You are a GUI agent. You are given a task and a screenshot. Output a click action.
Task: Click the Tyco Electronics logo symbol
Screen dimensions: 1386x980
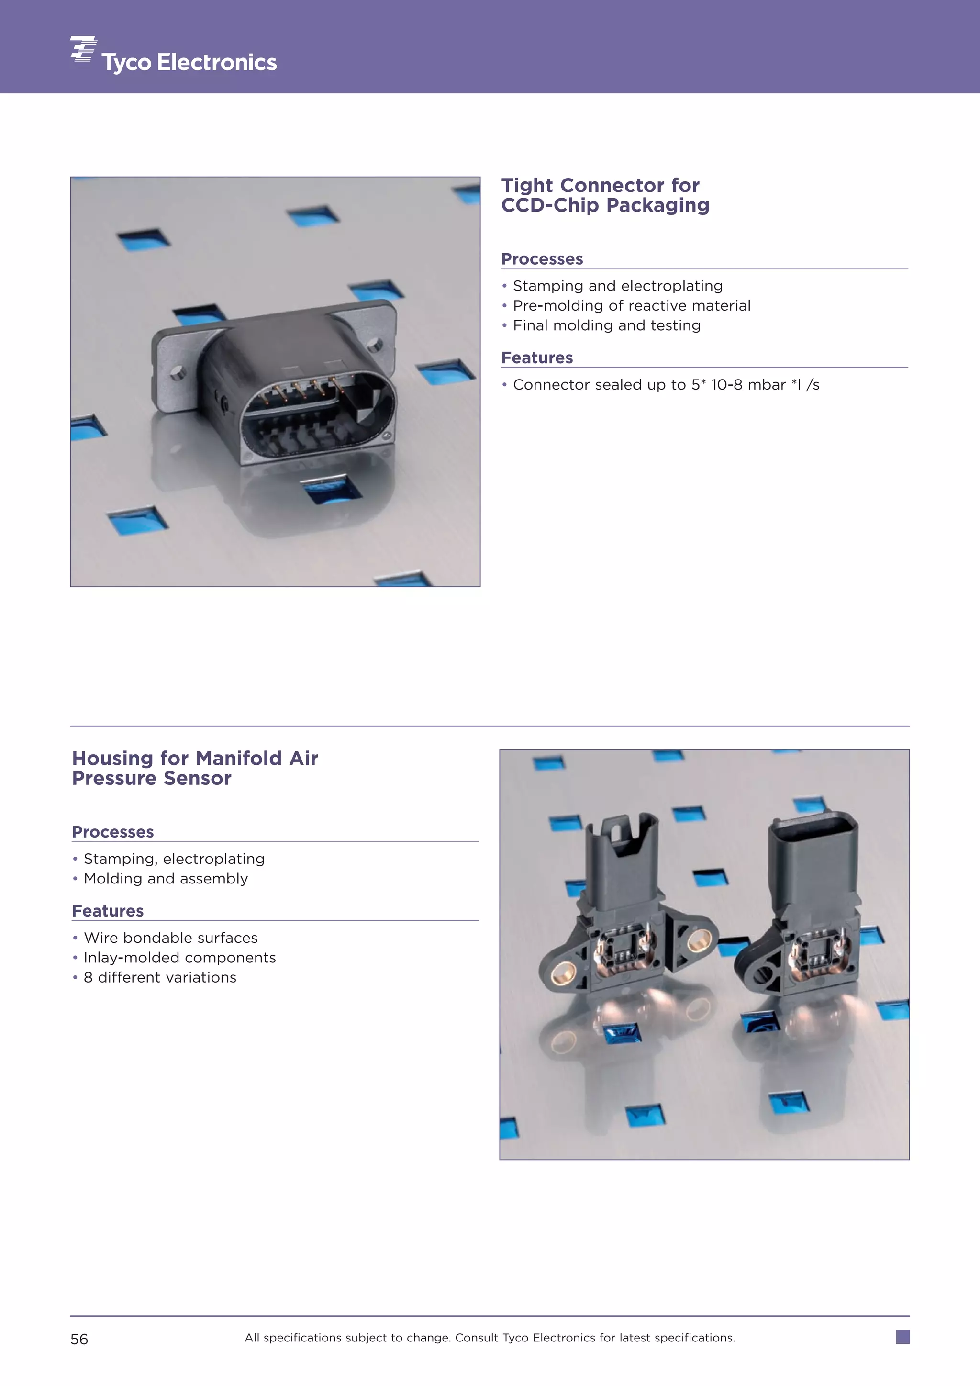83,49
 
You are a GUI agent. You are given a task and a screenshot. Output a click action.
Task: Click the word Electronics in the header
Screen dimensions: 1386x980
217,63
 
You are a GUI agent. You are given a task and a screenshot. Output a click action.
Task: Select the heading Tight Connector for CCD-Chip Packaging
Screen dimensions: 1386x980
605,195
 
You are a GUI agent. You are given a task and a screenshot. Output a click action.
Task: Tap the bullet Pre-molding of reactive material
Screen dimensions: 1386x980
631,306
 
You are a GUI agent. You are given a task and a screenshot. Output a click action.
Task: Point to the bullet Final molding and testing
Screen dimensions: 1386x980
606,326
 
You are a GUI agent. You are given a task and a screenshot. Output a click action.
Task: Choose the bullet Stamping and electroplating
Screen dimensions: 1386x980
617,286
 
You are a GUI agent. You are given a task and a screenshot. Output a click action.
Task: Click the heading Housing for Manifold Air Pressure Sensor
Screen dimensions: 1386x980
194,768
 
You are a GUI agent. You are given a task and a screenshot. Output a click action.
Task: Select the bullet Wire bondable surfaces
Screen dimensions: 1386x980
170,938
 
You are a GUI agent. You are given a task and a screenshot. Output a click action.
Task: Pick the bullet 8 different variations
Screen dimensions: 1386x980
160,978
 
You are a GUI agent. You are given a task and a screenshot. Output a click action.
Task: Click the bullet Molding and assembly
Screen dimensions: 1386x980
166,879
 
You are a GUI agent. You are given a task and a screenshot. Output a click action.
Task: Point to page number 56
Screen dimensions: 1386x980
79,1340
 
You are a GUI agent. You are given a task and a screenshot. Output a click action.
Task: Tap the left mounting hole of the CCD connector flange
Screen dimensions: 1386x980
177,374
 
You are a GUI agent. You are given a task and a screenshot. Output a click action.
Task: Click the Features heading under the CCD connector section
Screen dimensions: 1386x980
536,358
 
